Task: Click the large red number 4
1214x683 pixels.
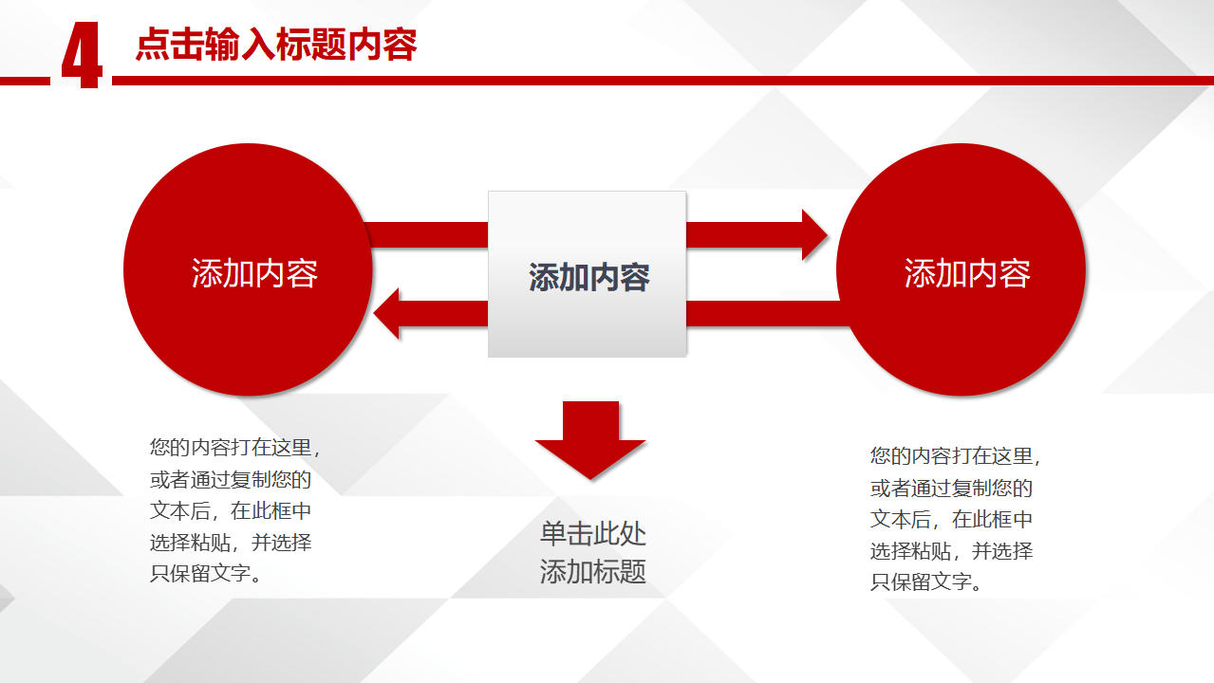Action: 82,55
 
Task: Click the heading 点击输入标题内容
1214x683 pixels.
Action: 276,45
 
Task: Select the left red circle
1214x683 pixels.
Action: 248,269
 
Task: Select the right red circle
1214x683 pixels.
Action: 961,269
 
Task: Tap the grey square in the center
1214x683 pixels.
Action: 587,274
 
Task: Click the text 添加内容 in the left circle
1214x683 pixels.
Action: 254,273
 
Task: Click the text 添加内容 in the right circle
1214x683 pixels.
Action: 967,273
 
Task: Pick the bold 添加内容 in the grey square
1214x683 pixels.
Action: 589,277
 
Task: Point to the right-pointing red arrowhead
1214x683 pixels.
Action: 814,235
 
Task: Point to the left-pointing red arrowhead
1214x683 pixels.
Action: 386,314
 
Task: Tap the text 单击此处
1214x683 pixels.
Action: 593,533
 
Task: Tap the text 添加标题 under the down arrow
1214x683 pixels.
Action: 593,571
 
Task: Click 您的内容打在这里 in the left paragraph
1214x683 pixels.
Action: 231,448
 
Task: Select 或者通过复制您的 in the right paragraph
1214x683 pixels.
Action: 951,489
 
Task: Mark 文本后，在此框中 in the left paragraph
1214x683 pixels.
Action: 231,510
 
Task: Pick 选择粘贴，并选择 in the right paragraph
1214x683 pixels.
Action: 951,551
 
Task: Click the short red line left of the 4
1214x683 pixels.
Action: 25,82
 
